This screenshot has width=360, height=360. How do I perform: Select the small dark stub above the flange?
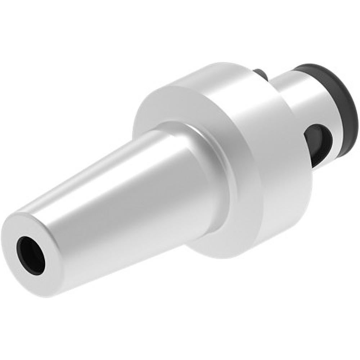click(261, 74)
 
